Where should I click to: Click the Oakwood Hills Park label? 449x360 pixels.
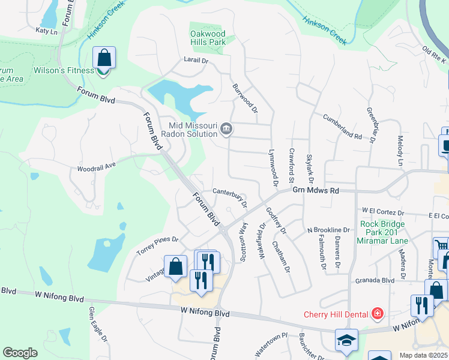tap(208, 38)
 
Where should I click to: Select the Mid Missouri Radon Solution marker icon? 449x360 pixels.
tap(226, 128)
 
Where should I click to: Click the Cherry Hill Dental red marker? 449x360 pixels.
tap(376, 313)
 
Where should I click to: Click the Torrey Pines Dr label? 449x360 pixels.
tap(158, 243)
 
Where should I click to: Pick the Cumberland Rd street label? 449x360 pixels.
tap(342, 127)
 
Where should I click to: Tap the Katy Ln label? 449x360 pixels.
tap(46, 30)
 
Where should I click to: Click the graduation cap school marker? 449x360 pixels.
tap(346, 340)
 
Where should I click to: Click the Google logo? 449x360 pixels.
tap(20, 353)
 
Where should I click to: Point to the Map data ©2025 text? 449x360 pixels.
tap(423, 355)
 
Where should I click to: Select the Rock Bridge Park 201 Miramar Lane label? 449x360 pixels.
tap(384, 233)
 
